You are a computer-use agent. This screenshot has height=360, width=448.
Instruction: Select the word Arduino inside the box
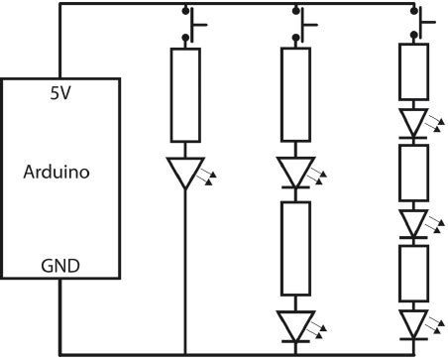pyautogui.click(x=56, y=172)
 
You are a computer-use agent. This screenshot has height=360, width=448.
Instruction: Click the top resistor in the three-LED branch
pyautogui.click(x=414, y=72)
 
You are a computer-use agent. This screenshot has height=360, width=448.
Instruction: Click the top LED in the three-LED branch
pyautogui.click(x=414, y=121)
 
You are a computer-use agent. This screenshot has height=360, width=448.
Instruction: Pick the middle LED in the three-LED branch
pyautogui.click(x=414, y=221)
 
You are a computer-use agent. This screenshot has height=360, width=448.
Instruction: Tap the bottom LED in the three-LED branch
pyautogui.click(x=414, y=322)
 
